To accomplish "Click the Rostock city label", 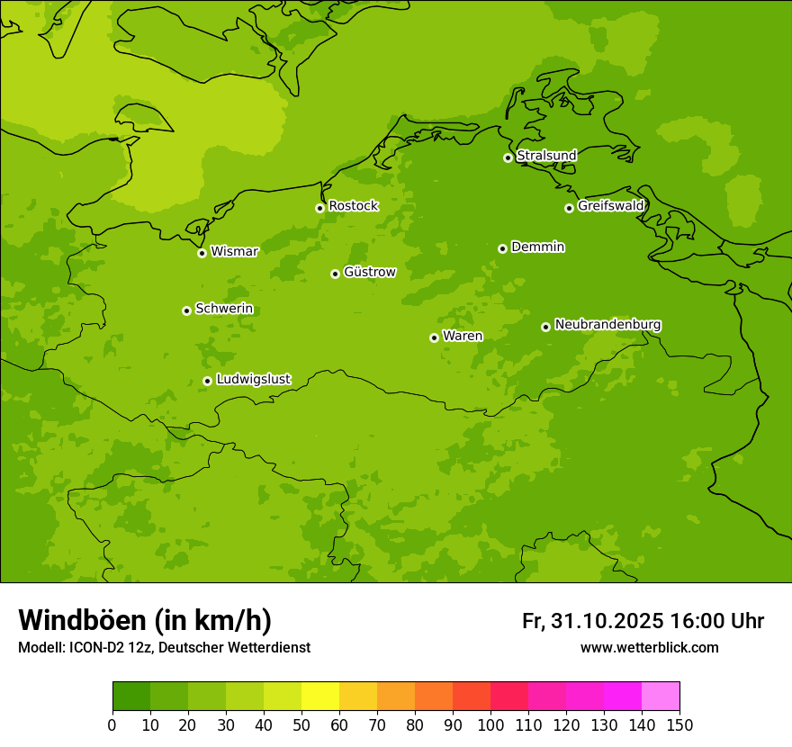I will pos(353,206).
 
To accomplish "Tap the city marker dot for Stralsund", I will pos(508,157).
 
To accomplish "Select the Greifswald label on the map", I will pos(610,206).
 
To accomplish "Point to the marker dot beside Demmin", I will pos(502,248).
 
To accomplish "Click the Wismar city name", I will pos(234,252).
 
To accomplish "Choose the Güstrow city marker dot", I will pos(335,274).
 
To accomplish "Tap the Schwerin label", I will pos(224,309).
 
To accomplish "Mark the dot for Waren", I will pos(434,337).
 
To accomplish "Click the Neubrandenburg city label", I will pos(607,325).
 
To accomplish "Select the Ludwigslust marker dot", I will pos(207,381).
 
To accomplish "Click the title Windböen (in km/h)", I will pos(145,620).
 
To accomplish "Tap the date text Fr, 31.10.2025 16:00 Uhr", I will pos(643,621).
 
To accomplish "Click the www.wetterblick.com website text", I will pos(649,647).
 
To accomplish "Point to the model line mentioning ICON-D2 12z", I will pos(164,647).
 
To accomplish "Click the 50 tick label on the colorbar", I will pos(301,724).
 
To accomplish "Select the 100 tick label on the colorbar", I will pos(490,724).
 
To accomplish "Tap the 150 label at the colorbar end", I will pos(679,724).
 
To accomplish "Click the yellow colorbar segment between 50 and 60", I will pos(320,697).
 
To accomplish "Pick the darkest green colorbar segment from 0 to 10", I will pos(131,697).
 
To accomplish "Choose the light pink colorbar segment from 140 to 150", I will pos(661,697).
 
